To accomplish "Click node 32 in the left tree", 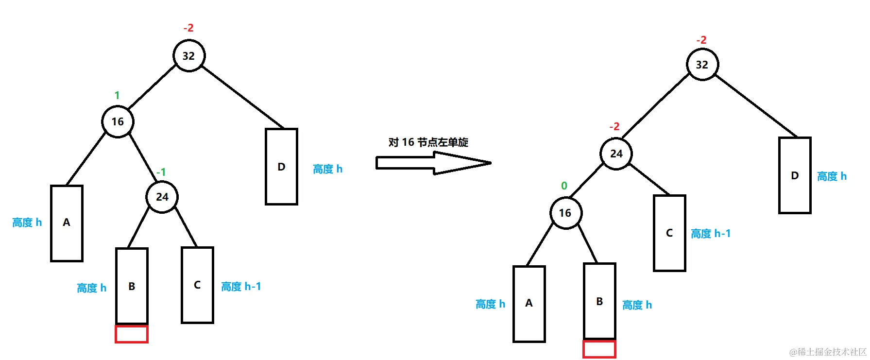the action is click(189, 56).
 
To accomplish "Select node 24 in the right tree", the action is click(616, 154).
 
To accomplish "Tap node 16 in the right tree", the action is click(565, 213).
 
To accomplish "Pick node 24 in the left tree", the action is click(162, 197).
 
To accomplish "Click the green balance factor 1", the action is click(117, 95).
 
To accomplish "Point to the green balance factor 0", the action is click(564, 186).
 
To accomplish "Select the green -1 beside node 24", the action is click(161, 172).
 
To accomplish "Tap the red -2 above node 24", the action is click(614, 126).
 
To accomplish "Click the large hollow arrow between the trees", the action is click(433, 163).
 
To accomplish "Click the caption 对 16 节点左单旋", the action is click(428, 142).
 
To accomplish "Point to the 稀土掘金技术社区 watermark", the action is click(828, 352).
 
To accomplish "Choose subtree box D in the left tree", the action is click(281, 167).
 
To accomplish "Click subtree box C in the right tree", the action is click(669, 233).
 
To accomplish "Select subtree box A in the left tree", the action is click(67, 223).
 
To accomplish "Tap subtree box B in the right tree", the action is click(599, 301).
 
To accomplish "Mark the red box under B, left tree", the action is click(132, 334).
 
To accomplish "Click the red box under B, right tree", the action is click(599, 349).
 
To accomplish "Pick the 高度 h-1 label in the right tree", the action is click(711, 234).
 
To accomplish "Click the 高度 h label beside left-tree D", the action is click(328, 169).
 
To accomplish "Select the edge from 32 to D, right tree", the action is click(756, 105).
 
